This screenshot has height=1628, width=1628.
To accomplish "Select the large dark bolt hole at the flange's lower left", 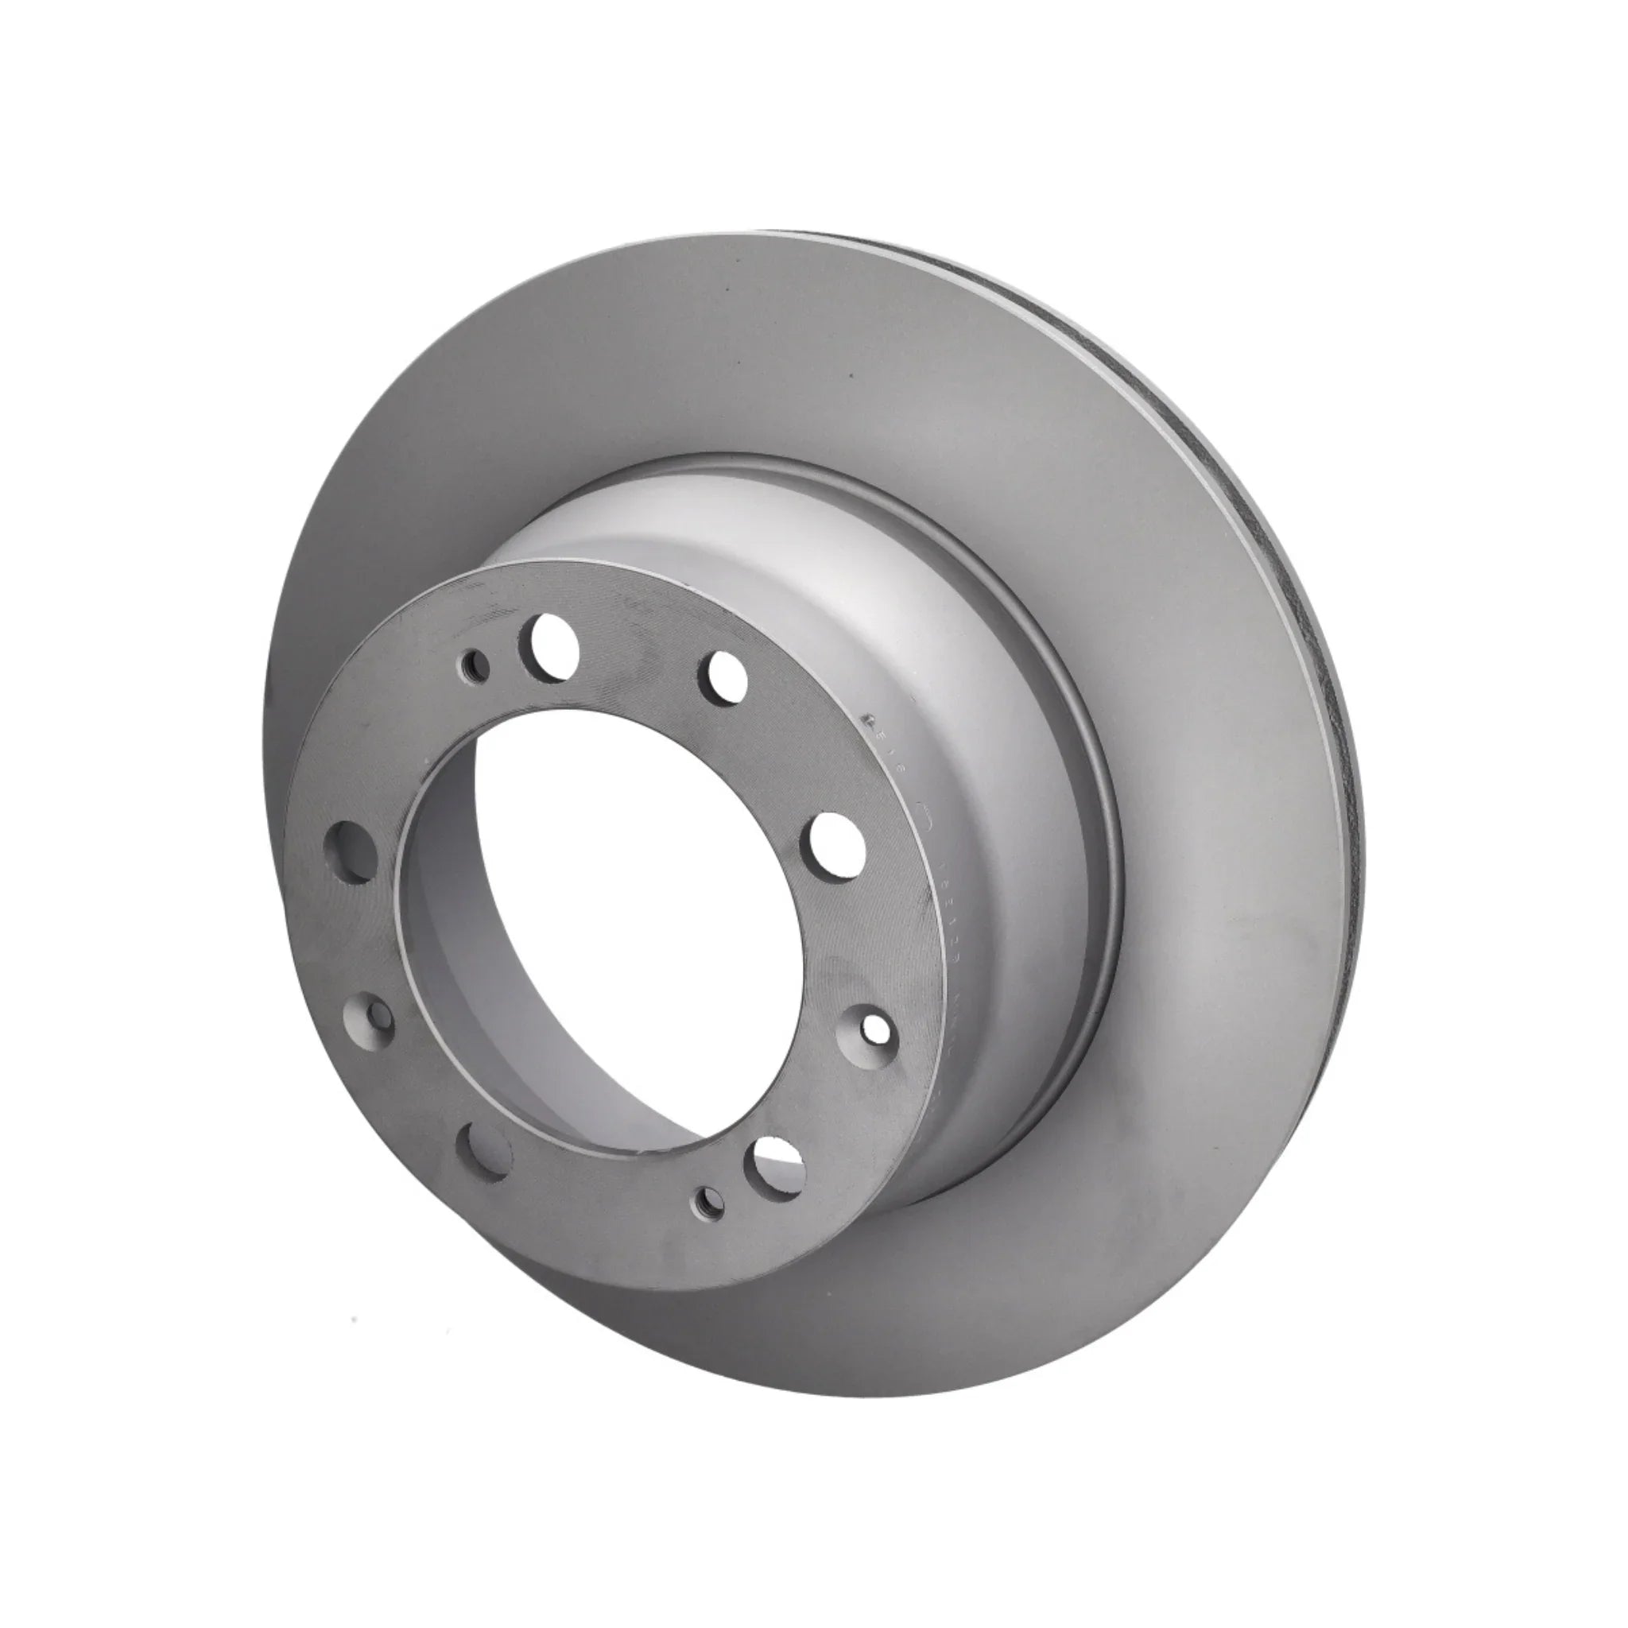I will coord(483,1148).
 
